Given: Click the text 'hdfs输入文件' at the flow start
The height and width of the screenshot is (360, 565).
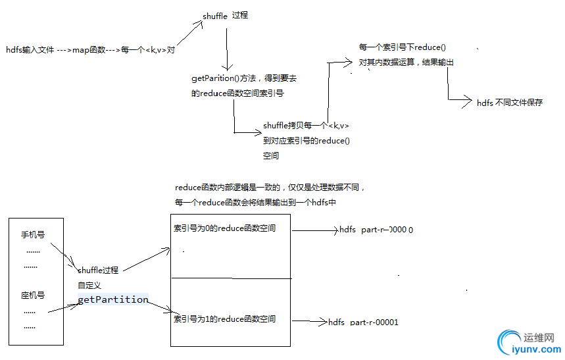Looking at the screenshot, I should pos(30,50).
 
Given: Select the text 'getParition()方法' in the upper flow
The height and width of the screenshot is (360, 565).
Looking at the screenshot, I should pos(220,78).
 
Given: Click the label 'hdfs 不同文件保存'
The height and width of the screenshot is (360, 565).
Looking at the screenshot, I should pos(510,102).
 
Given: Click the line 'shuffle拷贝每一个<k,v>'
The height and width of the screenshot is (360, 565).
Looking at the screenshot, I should pos(306,125).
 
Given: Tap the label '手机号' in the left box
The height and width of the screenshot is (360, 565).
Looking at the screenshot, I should pos(33,235).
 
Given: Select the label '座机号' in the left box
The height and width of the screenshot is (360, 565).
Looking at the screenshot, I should pos(32,296).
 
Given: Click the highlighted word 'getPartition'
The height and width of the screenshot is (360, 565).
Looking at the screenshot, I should pos(112,299).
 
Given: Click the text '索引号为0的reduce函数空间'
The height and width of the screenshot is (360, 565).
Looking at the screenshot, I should pos(224,228).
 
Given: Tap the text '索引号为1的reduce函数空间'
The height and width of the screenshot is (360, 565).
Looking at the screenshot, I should pos(224,319).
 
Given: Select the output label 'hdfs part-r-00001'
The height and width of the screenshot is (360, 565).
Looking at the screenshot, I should pos(363,322).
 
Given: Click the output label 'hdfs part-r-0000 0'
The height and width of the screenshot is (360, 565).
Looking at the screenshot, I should pos(376,230).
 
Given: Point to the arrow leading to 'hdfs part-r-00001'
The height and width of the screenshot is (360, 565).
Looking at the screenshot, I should pos(309,322).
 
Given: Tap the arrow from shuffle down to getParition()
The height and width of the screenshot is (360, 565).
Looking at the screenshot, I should pos(227,49).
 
